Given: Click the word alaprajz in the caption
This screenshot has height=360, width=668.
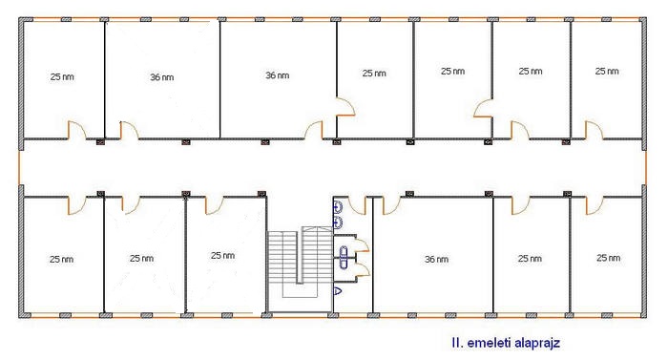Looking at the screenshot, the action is (x=536, y=343).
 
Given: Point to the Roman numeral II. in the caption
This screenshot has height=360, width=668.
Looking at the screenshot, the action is (x=457, y=343).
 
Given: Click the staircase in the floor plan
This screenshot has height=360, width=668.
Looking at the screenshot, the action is (x=300, y=264).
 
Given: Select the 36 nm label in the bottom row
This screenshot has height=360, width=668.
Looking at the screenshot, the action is (x=436, y=260).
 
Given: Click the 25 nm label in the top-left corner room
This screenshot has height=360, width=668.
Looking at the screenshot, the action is (x=62, y=76).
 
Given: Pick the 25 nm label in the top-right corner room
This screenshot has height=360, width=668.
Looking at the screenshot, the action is (x=607, y=72).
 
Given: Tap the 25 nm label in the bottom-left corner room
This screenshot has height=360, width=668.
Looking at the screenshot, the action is (x=61, y=260).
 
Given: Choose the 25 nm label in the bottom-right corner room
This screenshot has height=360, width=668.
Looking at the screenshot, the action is (x=609, y=258).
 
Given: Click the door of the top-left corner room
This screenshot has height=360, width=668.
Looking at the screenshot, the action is (x=76, y=130).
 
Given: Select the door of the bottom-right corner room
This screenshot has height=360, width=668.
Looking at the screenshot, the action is (x=595, y=205).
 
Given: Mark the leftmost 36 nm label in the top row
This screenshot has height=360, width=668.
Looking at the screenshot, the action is (x=162, y=77).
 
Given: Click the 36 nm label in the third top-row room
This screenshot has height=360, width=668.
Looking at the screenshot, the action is (x=278, y=75).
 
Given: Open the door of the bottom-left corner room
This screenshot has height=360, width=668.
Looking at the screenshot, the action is (x=76, y=205).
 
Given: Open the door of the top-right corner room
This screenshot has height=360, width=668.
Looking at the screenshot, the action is (x=594, y=130).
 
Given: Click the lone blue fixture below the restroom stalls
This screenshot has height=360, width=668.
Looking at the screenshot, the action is (x=337, y=291).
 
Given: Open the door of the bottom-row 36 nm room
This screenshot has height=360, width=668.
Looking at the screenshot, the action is (x=391, y=205).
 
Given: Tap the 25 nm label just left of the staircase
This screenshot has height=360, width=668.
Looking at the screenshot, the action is (x=222, y=256).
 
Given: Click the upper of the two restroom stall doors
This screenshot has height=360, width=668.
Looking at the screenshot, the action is (x=362, y=244).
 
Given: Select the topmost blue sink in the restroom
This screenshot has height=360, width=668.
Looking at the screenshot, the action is (x=338, y=208).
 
